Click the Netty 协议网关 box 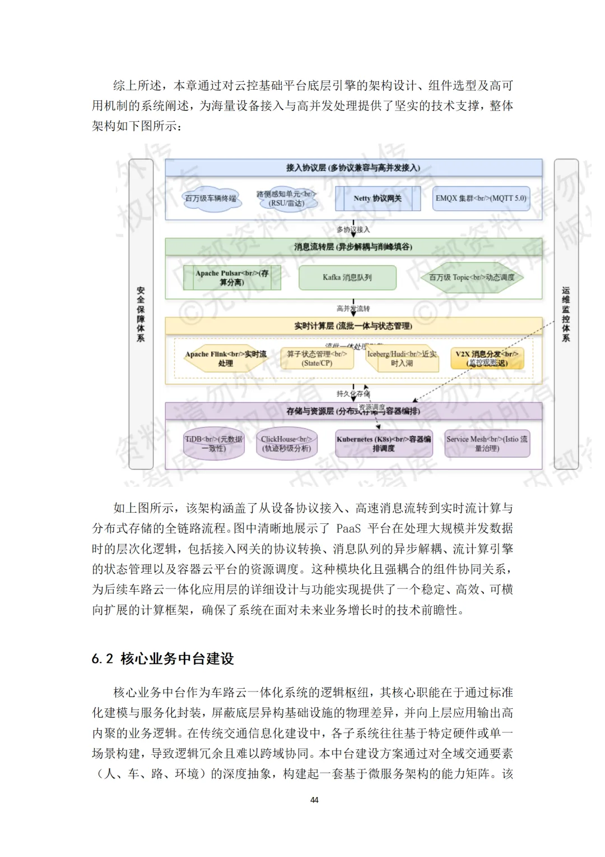[x=378, y=199]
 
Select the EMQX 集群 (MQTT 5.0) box [x=481, y=199]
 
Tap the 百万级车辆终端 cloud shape [x=211, y=199]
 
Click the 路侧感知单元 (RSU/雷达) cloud [x=286, y=199]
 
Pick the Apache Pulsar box [x=232, y=278]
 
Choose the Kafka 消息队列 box [x=347, y=278]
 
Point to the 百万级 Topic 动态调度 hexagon [x=472, y=278]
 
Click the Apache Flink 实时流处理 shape [x=226, y=359]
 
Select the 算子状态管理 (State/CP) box [x=317, y=359]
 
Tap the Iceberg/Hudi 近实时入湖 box [x=402, y=359]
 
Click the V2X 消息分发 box [x=487, y=359]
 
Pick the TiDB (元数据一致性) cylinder [x=213, y=444]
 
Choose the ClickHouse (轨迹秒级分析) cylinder [x=286, y=444]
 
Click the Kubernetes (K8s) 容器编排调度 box [x=384, y=444]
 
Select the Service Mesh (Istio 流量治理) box [x=487, y=444]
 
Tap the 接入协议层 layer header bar [x=353, y=168]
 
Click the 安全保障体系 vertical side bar [x=141, y=314]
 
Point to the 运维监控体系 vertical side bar [x=566, y=314]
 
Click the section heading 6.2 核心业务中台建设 [x=163, y=658]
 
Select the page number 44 [x=314, y=800]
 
